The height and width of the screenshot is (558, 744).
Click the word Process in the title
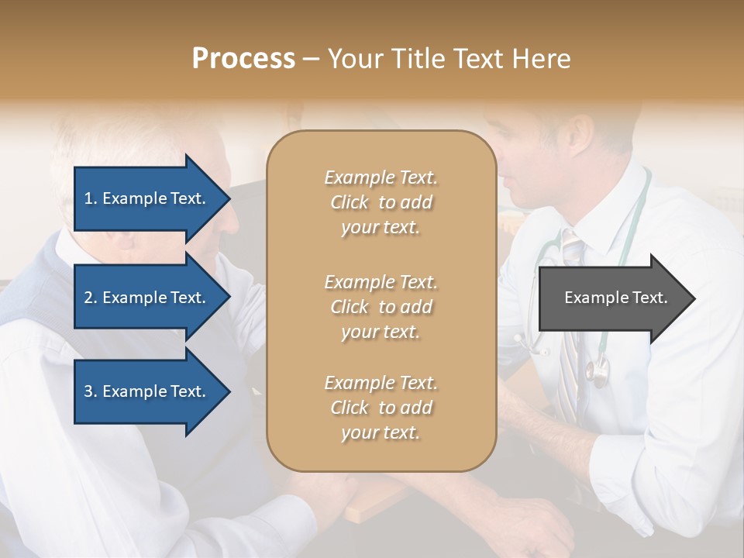click(x=243, y=59)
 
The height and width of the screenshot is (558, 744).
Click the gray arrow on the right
click(x=612, y=298)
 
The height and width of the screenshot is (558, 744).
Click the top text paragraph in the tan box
click(x=381, y=202)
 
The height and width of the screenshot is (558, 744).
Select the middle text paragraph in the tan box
click(x=381, y=307)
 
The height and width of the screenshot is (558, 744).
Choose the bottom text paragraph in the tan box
click(x=381, y=408)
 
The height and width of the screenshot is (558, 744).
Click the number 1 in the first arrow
click(x=88, y=198)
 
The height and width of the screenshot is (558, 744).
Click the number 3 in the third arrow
click(x=88, y=391)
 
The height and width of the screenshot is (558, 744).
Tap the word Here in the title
click(x=544, y=59)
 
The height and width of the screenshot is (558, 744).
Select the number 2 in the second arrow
click(x=88, y=298)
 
